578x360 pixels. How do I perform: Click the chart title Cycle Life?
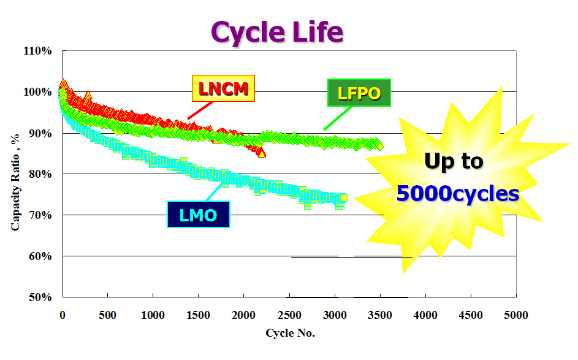tap(277, 32)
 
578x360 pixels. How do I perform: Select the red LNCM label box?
tap(223, 90)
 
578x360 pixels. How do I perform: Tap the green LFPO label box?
tap(359, 94)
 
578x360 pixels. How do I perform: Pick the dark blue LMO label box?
tap(198, 215)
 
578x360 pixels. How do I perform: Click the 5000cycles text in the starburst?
tap(457, 194)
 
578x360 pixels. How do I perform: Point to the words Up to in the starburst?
tap(454, 161)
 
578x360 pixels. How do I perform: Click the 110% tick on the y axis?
tap(38, 51)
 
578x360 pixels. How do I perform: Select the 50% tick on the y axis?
tap(40, 297)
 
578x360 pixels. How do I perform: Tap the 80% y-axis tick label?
tap(40, 174)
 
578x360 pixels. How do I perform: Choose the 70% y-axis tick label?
tap(40, 215)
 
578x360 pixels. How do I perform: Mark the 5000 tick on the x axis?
tap(515, 315)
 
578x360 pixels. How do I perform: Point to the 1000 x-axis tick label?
tap(153, 315)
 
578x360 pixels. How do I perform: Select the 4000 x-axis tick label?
tap(425, 315)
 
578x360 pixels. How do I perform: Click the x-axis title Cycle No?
tap(290, 333)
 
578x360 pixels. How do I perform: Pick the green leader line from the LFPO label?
tap(338, 118)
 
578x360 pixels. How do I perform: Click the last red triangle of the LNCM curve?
tap(262, 153)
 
